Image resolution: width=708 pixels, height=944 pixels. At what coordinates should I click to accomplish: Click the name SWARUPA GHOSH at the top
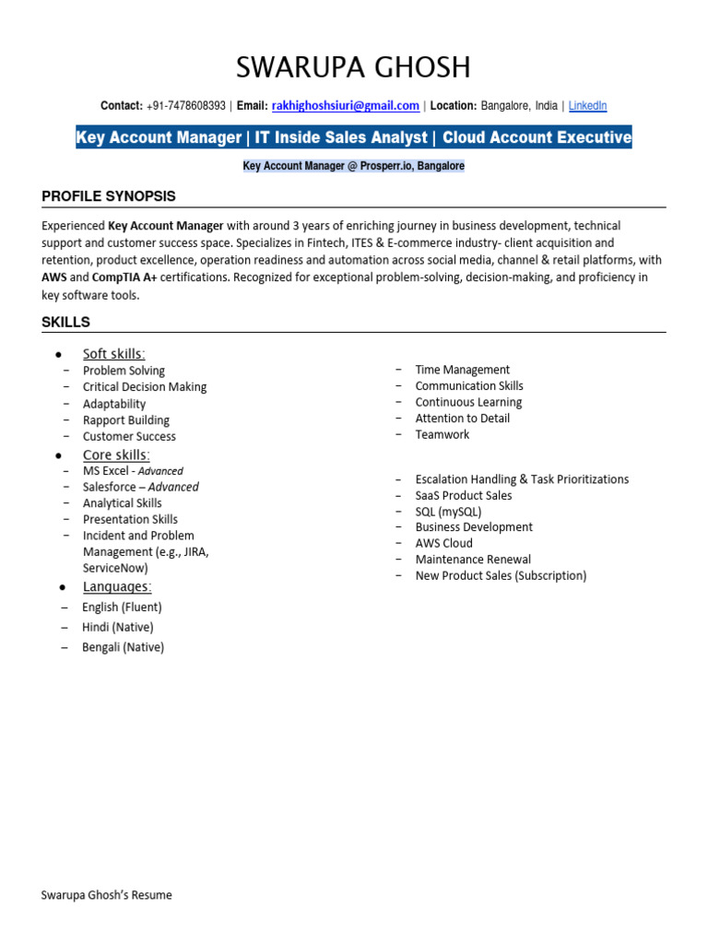pos(353,67)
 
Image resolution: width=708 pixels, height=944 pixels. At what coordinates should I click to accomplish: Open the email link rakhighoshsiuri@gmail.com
pos(346,106)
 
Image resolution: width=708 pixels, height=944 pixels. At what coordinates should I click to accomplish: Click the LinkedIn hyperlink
pos(587,106)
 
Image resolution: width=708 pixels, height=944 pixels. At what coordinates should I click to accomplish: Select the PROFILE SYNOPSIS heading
pos(109,196)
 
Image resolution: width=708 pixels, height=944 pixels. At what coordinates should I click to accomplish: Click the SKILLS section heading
pos(66,322)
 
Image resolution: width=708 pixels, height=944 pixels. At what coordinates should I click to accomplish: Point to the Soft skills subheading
pos(113,354)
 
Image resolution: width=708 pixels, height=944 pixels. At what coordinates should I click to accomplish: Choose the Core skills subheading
pos(116,454)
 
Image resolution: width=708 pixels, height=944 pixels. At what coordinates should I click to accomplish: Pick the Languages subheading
pos(117,586)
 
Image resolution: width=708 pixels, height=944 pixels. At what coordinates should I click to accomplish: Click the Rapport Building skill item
pos(126,420)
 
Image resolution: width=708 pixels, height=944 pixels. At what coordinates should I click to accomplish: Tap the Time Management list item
pos(462,370)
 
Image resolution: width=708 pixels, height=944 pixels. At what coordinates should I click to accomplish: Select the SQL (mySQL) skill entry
pos(448,512)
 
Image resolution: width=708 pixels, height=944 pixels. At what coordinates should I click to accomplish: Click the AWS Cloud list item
pos(443,543)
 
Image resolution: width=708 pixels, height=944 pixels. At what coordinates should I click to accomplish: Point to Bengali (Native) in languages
pos(123,647)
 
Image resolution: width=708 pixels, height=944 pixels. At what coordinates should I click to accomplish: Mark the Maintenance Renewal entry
pos(473,560)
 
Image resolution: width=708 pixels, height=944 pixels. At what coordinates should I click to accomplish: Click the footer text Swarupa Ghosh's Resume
pos(107,894)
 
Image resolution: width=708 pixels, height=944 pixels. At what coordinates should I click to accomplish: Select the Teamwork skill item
pos(442,434)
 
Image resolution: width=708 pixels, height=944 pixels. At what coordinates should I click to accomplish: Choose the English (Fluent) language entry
pos(122,608)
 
